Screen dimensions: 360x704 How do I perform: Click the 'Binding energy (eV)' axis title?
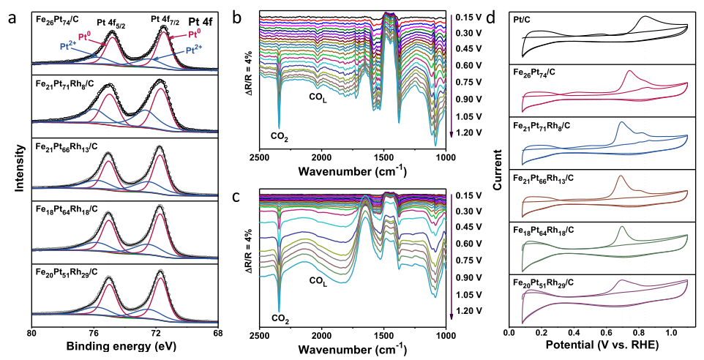125,345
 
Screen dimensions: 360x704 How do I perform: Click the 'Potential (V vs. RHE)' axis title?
606,347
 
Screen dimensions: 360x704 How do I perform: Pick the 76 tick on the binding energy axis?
94,333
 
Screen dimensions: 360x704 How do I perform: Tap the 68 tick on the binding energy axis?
219,333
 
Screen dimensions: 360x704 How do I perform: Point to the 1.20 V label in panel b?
466,132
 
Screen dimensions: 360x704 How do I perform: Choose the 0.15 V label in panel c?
466,195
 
